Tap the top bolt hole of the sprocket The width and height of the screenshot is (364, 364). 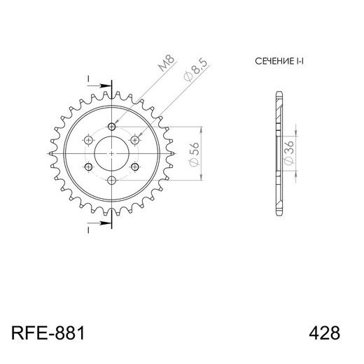(x=113, y=127)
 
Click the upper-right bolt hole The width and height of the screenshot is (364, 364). (x=136, y=140)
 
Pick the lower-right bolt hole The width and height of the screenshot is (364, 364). (x=136, y=167)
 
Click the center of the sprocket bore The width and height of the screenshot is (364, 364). (x=113, y=153)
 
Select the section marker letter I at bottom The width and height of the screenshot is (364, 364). (x=90, y=230)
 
